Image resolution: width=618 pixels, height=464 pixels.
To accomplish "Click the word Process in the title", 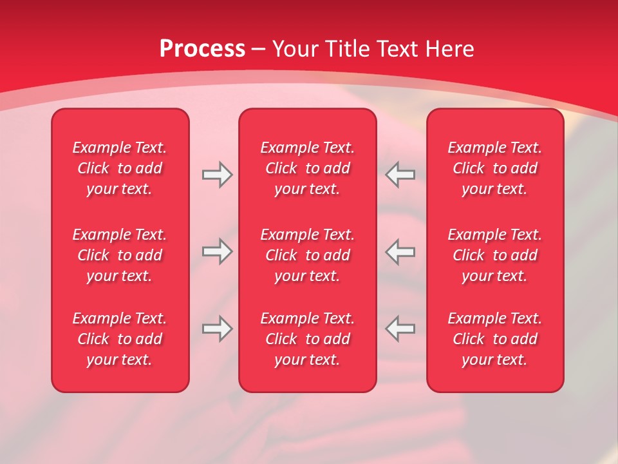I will point(202,49).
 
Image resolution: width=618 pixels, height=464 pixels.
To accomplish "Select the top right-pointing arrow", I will point(217,175).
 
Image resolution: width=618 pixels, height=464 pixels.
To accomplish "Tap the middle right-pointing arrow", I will point(217,251).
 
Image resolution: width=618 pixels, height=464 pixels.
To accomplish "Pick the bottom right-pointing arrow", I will point(217,329).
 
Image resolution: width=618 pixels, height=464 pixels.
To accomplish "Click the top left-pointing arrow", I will point(400,175).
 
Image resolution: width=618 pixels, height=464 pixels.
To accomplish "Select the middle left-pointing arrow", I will point(400,251).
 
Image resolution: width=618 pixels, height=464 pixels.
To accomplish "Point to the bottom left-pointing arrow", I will point(400,329).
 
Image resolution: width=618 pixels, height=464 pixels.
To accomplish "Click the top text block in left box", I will point(120,168).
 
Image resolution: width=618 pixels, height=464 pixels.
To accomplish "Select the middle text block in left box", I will point(120,255).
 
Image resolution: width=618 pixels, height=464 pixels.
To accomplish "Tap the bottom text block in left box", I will point(120,339).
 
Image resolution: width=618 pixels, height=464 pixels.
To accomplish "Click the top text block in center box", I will point(307,168).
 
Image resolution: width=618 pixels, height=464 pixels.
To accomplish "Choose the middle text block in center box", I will point(307,255).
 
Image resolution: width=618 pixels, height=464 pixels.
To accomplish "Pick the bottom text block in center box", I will point(307,339).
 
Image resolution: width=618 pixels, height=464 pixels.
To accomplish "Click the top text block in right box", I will point(495,168).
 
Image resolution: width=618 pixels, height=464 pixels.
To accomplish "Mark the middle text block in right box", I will point(495,255).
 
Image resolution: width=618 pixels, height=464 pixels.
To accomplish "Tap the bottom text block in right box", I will point(495,339).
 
